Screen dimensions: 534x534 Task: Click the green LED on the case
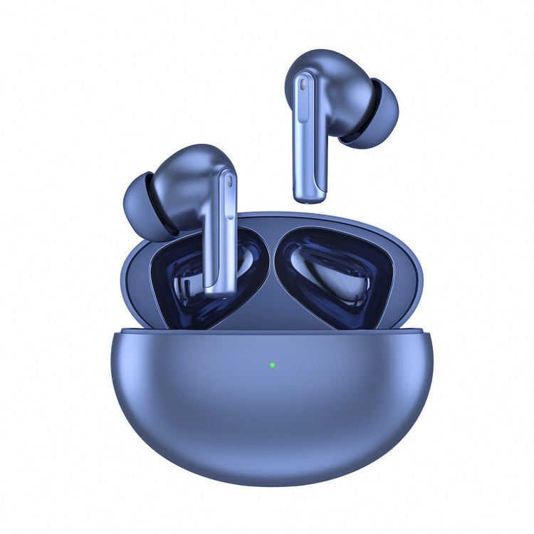pos(273,365)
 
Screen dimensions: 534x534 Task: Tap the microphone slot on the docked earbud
pos(229,182)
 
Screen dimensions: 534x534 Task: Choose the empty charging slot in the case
pos(335,274)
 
